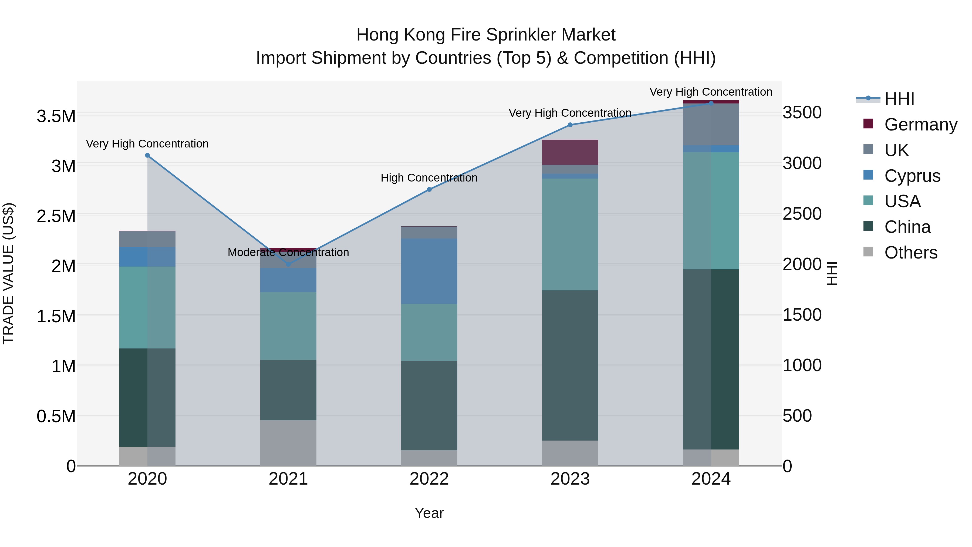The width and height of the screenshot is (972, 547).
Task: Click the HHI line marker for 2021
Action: coord(288,264)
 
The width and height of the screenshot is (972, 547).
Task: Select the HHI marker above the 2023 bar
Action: coord(570,125)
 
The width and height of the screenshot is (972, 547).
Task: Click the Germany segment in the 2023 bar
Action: coord(570,152)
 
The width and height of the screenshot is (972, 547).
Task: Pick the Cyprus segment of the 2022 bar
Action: coord(429,271)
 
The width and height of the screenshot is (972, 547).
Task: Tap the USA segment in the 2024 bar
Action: coord(711,211)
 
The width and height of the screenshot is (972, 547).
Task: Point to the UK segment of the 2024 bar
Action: coord(711,125)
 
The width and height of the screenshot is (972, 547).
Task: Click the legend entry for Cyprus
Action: coord(912,176)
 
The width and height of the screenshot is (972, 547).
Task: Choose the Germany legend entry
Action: coord(920,125)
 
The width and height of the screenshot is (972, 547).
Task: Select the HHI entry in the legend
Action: coord(899,99)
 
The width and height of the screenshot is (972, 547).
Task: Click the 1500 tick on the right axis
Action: coord(802,315)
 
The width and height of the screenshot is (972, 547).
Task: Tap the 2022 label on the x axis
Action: coord(429,479)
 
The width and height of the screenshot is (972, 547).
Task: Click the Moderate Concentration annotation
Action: coord(288,252)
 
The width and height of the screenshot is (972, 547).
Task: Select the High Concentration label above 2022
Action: coord(429,178)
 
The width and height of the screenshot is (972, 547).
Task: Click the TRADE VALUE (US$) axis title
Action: coord(8,273)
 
